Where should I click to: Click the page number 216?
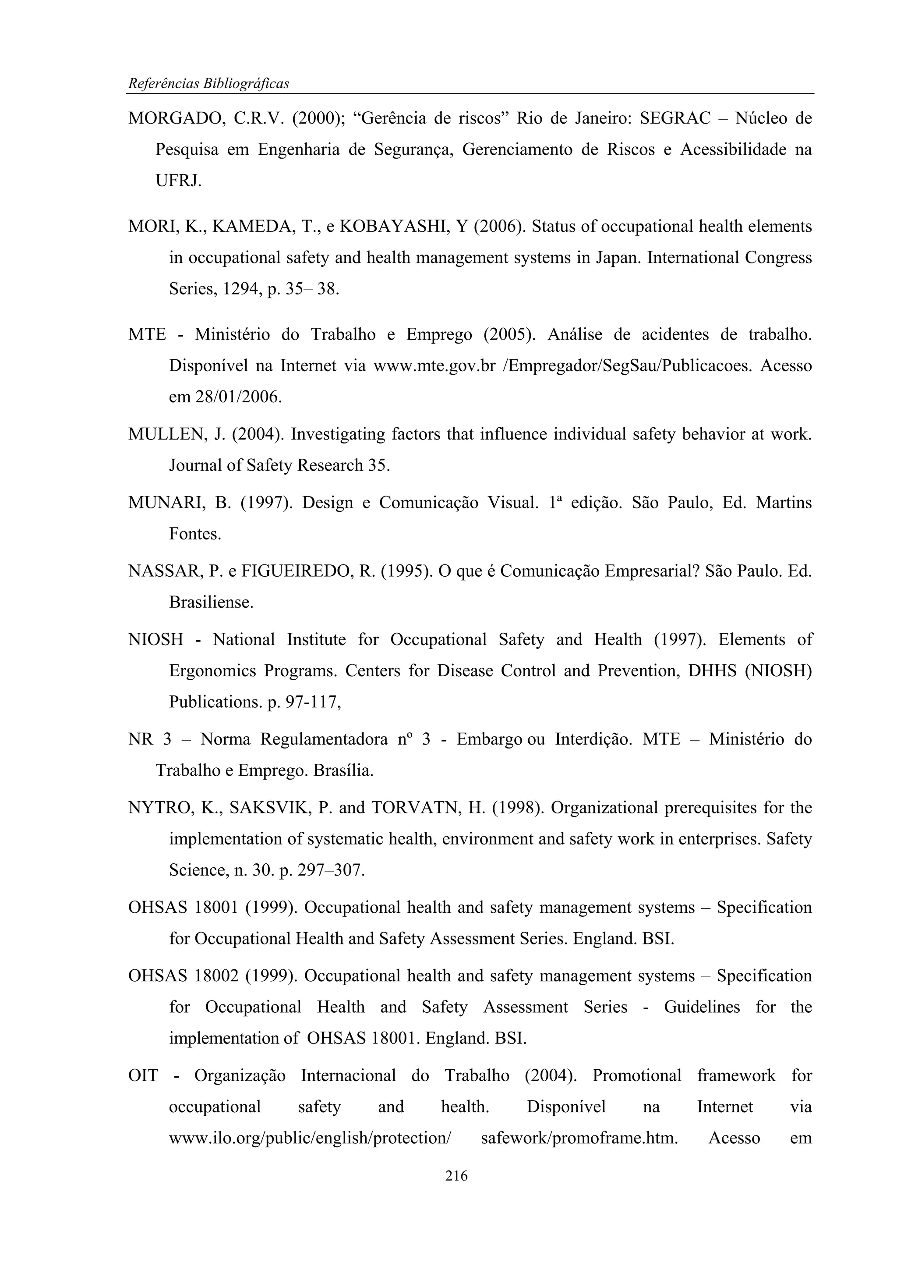(x=456, y=1176)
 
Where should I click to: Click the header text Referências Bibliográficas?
(x=208, y=84)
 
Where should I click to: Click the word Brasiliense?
(x=211, y=603)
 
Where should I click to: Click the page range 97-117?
(x=310, y=702)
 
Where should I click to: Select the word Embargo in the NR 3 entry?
(x=489, y=740)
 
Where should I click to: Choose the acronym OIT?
(x=143, y=1076)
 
